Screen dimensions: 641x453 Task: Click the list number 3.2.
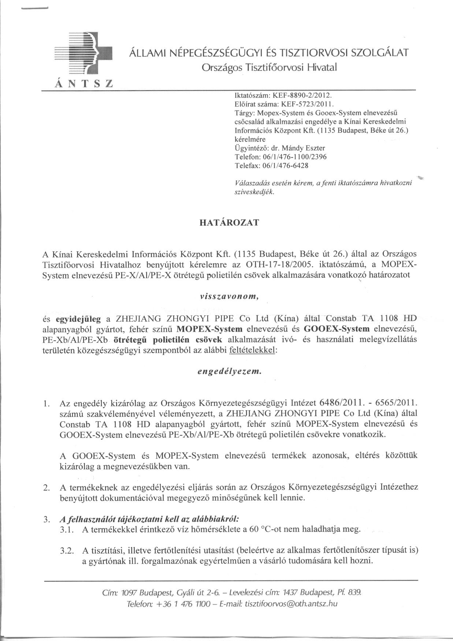coord(67,550)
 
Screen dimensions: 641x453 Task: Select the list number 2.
coord(46,488)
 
